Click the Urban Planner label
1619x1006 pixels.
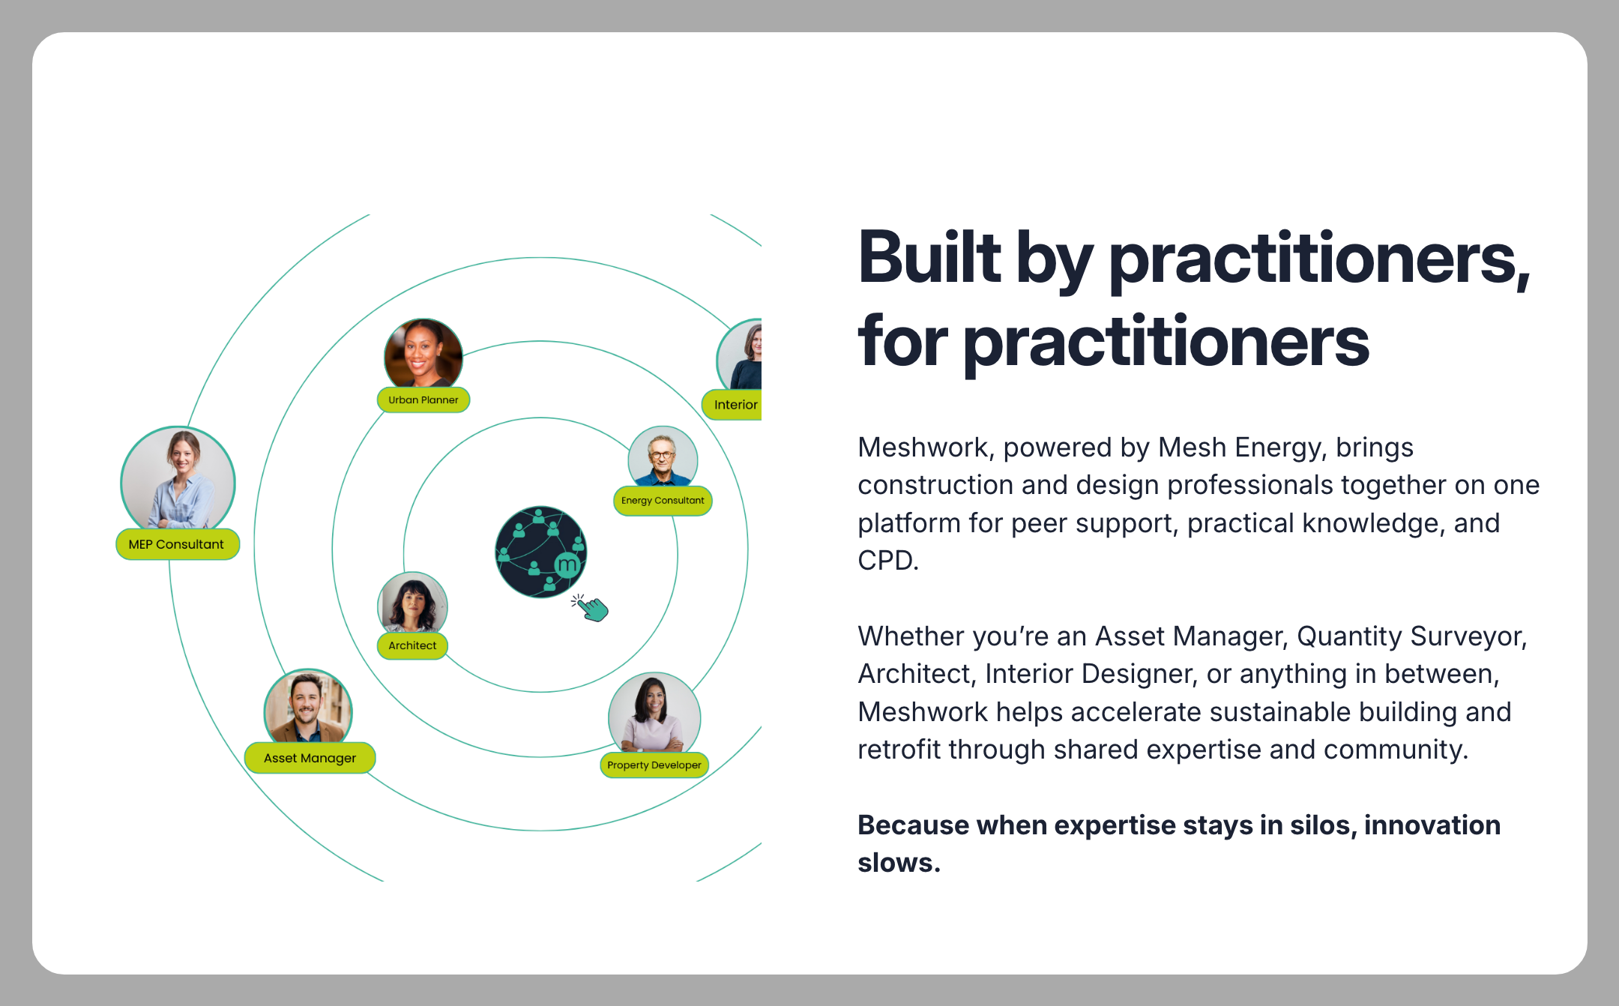(x=423, y=400)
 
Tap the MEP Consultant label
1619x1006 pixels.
(x=178, y=544)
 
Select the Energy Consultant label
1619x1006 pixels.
(x=663, y=501)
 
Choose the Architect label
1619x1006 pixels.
(x=412, y=645)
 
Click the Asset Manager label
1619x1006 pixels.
(x=310, y=758)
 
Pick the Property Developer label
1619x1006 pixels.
(x=654, y=765)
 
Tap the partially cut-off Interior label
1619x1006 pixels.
(x=732, y=405)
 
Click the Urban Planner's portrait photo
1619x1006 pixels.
(x=423, y=353)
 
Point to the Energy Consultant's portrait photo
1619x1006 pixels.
(x=663, y=457)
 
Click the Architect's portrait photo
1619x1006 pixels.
(x=412, y=603)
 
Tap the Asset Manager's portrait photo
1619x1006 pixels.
(x=308, y=706)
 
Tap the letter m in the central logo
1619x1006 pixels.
(x=567, y=564)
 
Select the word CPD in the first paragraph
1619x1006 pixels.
(x=888, y=561)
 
